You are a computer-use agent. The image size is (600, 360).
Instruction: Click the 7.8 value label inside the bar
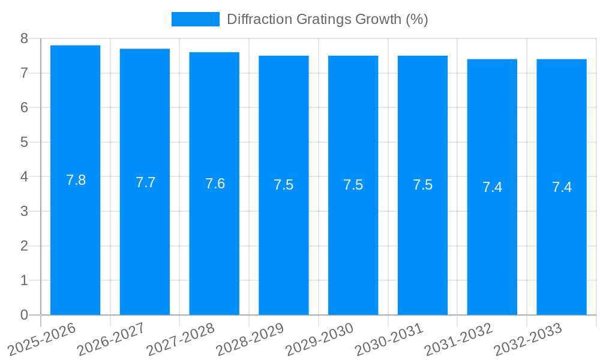click(x=76, y=180)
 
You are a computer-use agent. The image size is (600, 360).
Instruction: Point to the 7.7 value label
click(x=145, y=182)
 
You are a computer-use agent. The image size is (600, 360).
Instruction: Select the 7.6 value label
click(x=215, y=184)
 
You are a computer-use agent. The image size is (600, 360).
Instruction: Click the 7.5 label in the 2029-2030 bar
click(x=353, y=185)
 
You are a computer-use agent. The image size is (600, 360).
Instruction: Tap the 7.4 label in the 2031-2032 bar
click(x=492, y=187)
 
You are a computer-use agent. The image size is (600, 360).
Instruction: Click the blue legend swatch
click(x=195, y=19)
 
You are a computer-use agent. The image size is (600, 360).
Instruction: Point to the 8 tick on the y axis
click(x=24, y=38)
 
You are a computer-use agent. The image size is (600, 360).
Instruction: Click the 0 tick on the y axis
click(x=24, y=315)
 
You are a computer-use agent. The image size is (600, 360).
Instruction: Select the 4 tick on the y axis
click(x=24, y=177)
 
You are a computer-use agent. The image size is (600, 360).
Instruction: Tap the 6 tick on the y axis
click(x=24, y=108)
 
